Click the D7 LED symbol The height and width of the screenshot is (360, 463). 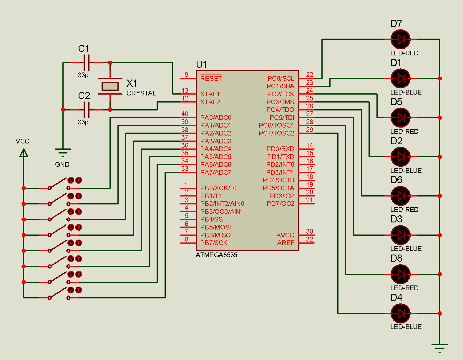pyautogui.click(x=400, y=39)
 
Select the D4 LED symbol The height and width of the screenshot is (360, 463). pyautogui.click(x=400, y=313)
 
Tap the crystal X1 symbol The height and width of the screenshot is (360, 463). pyautogui.click(x=110, y=86)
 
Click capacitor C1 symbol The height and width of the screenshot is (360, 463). pyautogui.click(x=87, y=63)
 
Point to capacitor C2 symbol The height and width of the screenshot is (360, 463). pyautogui.click(x=87, y=110)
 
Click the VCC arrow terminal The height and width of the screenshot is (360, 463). pyautogui.click(x=24, y=153)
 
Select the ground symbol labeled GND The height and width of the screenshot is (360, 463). pyautogui.click(x=63, y=152)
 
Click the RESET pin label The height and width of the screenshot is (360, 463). pyautogui.click(x=211, y=78)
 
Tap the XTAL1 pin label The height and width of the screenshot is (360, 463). pyautogui.click(x=210, y=94)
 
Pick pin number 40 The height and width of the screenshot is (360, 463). pyautogui.click(x=185, y=114)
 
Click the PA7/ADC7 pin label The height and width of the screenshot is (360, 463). pyautogui.click(x=216, y=172)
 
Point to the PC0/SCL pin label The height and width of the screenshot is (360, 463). pyautogui.click(x=281, y=78)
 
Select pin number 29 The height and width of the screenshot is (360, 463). pyautogui.click(x=309, y=130)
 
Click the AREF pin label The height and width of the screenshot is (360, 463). pyautogui.click(x=286, y=243)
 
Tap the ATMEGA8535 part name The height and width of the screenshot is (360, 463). pyautogui.click(x=216, y=255)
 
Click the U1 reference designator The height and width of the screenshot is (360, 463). pyautogui.click(x=201, y=64)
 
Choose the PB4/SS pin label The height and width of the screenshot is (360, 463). pyautogui.click(x=211, y=219)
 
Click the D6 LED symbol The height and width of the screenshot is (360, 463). pyautogui.click(x=400, y=196)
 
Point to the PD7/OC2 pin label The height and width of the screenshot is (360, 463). pyautogui.click(x=280, y=204)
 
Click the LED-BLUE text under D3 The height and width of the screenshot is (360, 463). pyautogui.click(x=406, y=249)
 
